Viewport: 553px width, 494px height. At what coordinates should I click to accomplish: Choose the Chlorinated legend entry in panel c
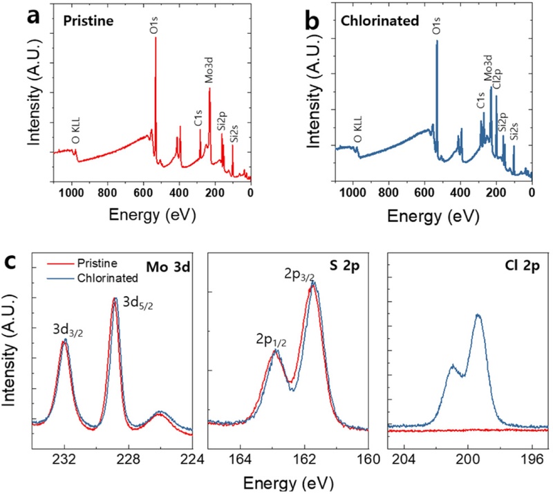98,277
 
